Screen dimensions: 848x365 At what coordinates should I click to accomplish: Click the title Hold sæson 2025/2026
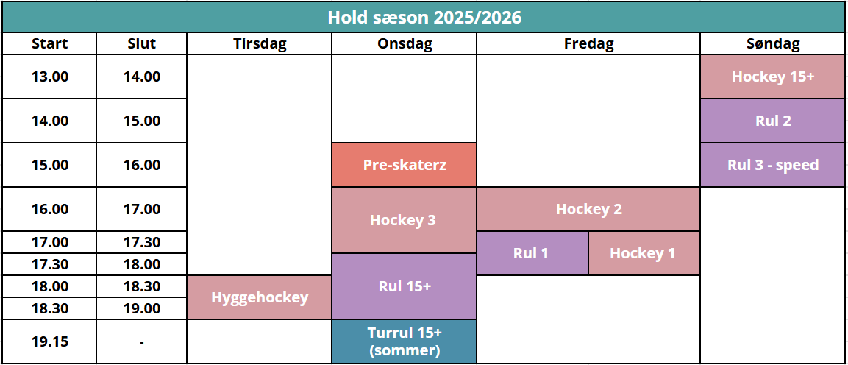[x=424, y=18]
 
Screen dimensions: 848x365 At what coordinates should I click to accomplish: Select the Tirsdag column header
[x=260, y=44]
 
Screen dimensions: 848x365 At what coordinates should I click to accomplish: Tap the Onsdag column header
[x=404, y=44]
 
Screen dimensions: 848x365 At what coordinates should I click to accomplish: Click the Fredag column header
[x=588, y=44]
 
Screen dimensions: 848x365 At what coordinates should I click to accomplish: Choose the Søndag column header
[x=773, y=44]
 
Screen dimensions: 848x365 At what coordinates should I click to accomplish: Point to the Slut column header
[x=142, y=44]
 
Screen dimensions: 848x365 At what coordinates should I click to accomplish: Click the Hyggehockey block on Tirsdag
[x=259, y=297]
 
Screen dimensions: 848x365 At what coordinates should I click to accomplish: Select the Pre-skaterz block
[x=404, y=165]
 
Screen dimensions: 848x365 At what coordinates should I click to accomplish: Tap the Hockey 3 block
[x=404, y=220]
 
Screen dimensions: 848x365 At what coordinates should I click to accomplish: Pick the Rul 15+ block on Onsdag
[x=404, y=286]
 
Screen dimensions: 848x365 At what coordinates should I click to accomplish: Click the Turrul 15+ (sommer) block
[x=404, y=341]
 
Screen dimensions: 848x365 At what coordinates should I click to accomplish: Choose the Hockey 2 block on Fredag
[x=588, y=209]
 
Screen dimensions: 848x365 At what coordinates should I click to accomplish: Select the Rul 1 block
[x=532, y=254]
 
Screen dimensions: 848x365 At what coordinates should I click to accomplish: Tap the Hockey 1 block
[x=644, y=254]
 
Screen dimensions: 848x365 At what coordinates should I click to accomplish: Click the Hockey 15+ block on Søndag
[x=773, y=77]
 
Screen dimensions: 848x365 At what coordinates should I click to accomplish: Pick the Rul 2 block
[x=773, y=121]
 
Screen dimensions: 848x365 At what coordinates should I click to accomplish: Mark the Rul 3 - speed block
[x=773, y=165]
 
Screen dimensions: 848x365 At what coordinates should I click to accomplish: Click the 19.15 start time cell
[x=50, y=341]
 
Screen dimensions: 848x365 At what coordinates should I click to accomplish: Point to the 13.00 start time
[x=50, y=77]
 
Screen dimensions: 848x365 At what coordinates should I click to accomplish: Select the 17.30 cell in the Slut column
[x=142, y=242]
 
